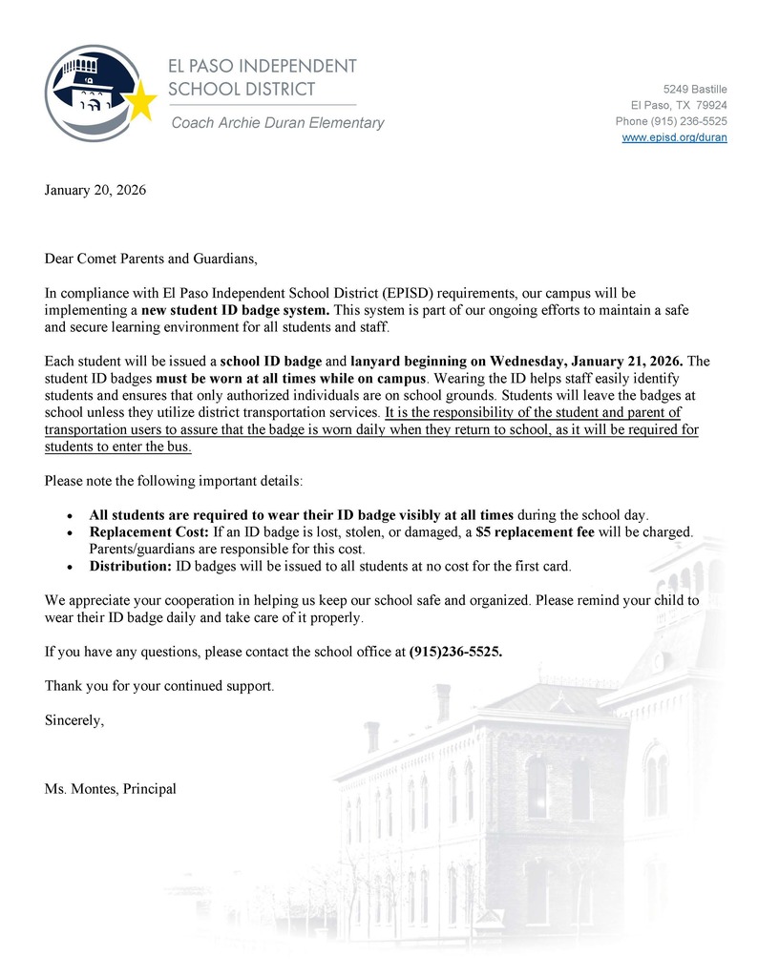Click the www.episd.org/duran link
tap(674, 137)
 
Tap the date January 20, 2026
tap(95, 190)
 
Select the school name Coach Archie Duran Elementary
tap(277, 122)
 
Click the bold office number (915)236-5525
tap(455, 653)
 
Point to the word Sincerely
tap(74, 721)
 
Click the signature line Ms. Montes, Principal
tap(111, 789)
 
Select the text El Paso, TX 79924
tap(679, 105)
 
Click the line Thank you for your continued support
tap(159, 686)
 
